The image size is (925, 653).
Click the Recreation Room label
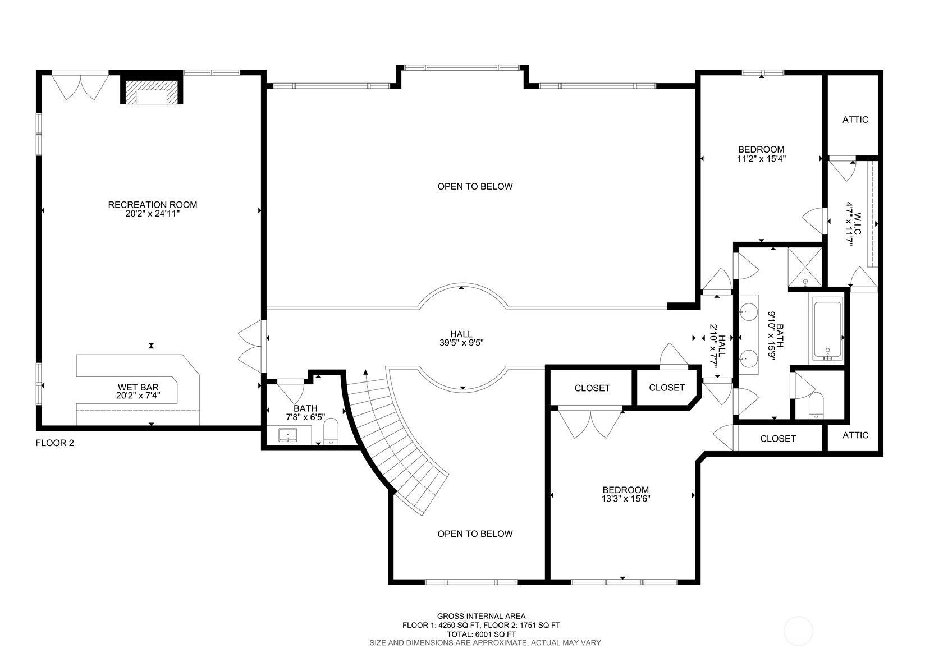152,205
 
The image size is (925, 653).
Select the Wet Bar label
138,387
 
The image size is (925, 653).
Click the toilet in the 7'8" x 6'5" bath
331,431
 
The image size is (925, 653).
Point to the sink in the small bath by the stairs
288,435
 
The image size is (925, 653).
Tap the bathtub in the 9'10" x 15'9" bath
827,330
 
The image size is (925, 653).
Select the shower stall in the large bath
805,267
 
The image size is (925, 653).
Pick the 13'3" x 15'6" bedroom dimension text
626,499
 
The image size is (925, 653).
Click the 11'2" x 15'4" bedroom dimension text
761,159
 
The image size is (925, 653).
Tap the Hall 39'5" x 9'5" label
461,338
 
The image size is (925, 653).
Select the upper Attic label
855,119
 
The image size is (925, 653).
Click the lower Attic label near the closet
855,435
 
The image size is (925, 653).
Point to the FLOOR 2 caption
55,443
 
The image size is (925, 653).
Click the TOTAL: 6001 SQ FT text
481,634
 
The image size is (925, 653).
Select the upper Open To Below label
475,187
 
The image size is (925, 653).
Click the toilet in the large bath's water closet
816,406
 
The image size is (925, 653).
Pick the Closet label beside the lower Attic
778,439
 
